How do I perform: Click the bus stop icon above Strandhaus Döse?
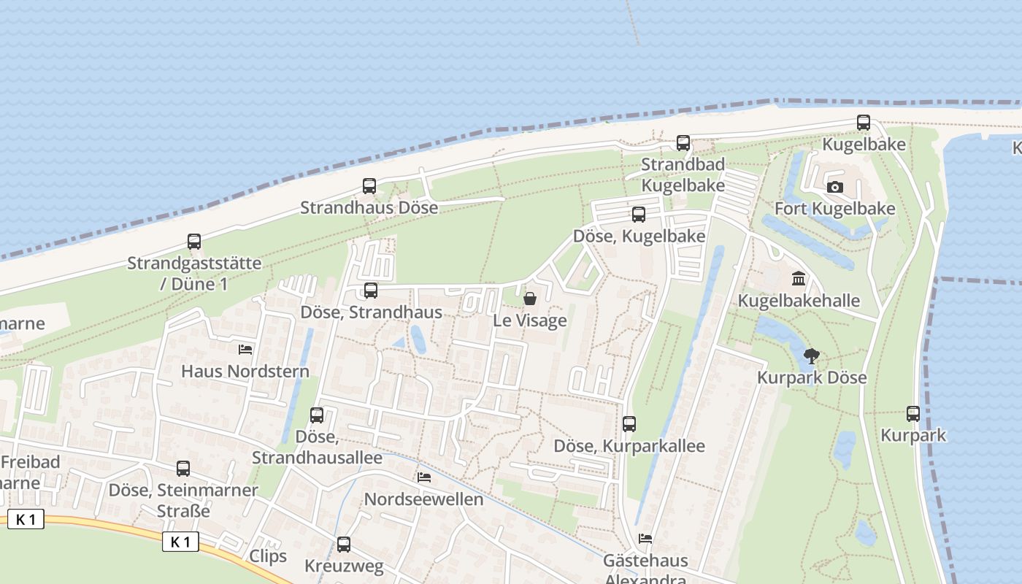pos(369,186)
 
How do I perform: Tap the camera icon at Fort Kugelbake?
pos(835,188)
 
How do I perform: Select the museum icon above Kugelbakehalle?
pos(799,279)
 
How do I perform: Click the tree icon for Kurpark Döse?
pos(811,356)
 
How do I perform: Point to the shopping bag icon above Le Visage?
pos(530,299)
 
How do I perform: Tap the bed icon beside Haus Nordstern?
pos(245,350)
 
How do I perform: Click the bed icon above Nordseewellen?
pos(423,477)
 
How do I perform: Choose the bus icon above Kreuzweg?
pos(343,544)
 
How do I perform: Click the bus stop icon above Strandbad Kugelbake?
pos(683,143)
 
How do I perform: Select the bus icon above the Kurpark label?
pos(912,414)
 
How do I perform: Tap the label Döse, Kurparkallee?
pos(629,446)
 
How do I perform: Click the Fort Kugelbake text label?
pos(834,209)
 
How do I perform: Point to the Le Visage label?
pos(530,320)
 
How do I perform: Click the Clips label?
pos(268,556)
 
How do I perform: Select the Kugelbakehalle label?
pos(799,301)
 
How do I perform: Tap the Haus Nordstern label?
pos(245,372)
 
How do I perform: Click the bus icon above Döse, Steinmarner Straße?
pos(183,469)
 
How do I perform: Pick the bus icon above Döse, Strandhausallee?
pos(317,415)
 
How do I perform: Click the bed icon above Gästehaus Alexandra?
pos(645,539)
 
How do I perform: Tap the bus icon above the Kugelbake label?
pos(864,123)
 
